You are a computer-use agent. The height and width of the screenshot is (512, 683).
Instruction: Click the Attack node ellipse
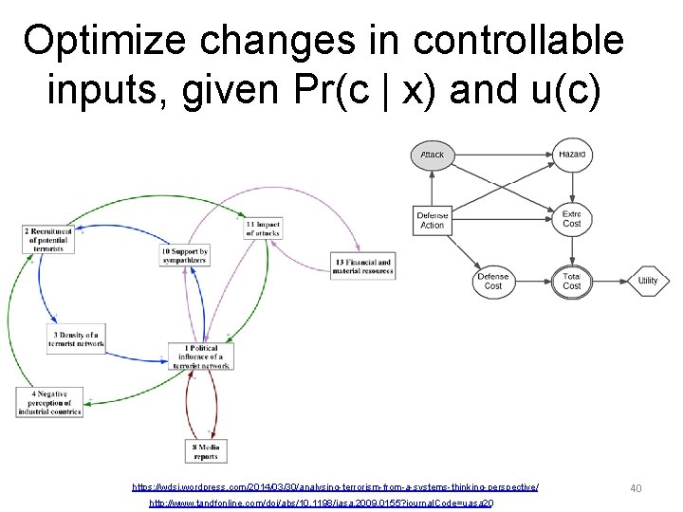pyautogui.click(x=432, y=155)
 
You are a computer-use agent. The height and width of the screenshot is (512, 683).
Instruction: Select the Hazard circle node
pyautogui.click(x=571, y=154)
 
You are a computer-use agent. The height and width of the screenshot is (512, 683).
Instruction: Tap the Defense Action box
pyautogui.click(x=432, y=221)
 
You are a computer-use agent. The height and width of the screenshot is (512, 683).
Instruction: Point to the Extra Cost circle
pyautogui.click(x=571, y=218)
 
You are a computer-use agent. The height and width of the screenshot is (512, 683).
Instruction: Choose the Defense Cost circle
pyautogui.click(x=492, y=281)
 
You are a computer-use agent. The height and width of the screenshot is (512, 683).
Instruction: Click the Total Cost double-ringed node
pyautogui.click(x=571, y=281)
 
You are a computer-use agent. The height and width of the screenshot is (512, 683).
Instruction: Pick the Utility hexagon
pyautogui.click(x=647, y=281)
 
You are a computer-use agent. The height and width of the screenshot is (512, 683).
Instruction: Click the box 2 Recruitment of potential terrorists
pyautogui.click(x=50, y=239)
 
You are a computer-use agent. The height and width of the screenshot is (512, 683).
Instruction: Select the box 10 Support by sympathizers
pyautogui.click(x=184, y=255)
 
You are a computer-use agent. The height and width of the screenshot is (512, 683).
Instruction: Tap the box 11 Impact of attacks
pyautogui.click(x=263, y=229)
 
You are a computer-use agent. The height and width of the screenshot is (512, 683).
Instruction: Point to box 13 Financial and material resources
pyautogui.click(x=361, y=266)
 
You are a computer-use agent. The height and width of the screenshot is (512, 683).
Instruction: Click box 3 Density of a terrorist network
pyautogui.click(x=76, y=338)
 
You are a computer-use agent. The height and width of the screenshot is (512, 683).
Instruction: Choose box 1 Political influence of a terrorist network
pyautogui.click(x=200, y=357)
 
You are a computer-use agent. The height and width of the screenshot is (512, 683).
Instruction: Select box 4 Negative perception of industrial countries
pyautogui.click(x=44, y=403)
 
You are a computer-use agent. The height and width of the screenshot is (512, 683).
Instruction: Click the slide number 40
pyautogui.click(x=636, y=487)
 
